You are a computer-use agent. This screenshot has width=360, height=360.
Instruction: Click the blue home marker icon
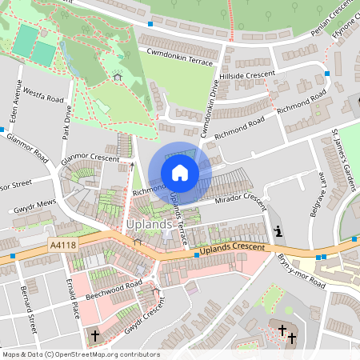pos(180,173)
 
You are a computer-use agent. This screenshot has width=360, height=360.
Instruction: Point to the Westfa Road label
pos(42,96)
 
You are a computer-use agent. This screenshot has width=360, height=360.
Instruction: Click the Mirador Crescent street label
pos(237,198)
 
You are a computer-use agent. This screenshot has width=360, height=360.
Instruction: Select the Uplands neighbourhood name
pos(149,225)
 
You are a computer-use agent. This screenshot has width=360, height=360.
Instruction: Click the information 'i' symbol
pos(278,231)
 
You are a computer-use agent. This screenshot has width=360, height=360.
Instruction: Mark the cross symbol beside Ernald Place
pos(94,336)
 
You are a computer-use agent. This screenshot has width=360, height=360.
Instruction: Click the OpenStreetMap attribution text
pos(81,354)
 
